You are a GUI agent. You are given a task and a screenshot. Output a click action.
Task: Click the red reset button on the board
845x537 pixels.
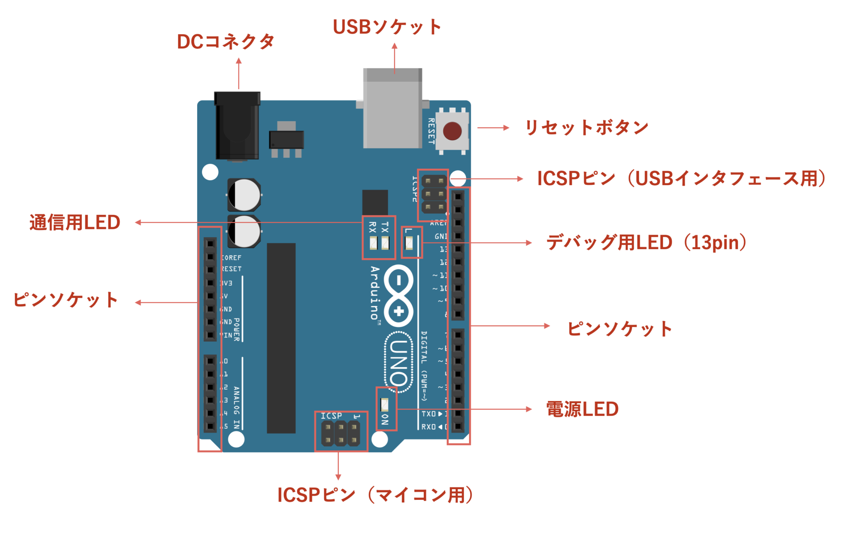452,131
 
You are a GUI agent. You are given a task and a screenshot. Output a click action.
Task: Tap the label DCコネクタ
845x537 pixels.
226,42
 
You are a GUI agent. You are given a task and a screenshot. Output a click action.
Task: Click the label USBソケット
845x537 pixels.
387,27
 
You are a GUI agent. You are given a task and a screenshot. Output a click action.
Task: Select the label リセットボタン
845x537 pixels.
586,127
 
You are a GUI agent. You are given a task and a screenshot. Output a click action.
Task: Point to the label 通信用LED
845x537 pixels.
75,223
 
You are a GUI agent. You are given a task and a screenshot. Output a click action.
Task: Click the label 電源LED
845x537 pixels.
582,409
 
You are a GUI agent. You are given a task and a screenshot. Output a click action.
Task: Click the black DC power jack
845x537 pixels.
237,126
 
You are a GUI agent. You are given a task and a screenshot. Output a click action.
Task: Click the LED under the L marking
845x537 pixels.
409,244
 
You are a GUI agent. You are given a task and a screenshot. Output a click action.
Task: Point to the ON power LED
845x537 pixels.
385,405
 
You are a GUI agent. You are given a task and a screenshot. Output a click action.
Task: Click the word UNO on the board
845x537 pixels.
399,362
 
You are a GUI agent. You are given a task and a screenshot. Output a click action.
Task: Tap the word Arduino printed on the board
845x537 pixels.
375,293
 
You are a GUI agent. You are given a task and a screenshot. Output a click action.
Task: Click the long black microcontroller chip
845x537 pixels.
281,338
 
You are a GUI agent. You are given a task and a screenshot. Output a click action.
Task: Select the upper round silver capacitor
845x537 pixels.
244,195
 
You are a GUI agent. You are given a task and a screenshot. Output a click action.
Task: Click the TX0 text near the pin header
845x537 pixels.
429,414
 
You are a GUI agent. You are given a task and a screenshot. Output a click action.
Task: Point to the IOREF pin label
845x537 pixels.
231,258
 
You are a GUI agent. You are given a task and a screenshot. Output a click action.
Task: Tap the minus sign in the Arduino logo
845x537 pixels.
399,281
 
